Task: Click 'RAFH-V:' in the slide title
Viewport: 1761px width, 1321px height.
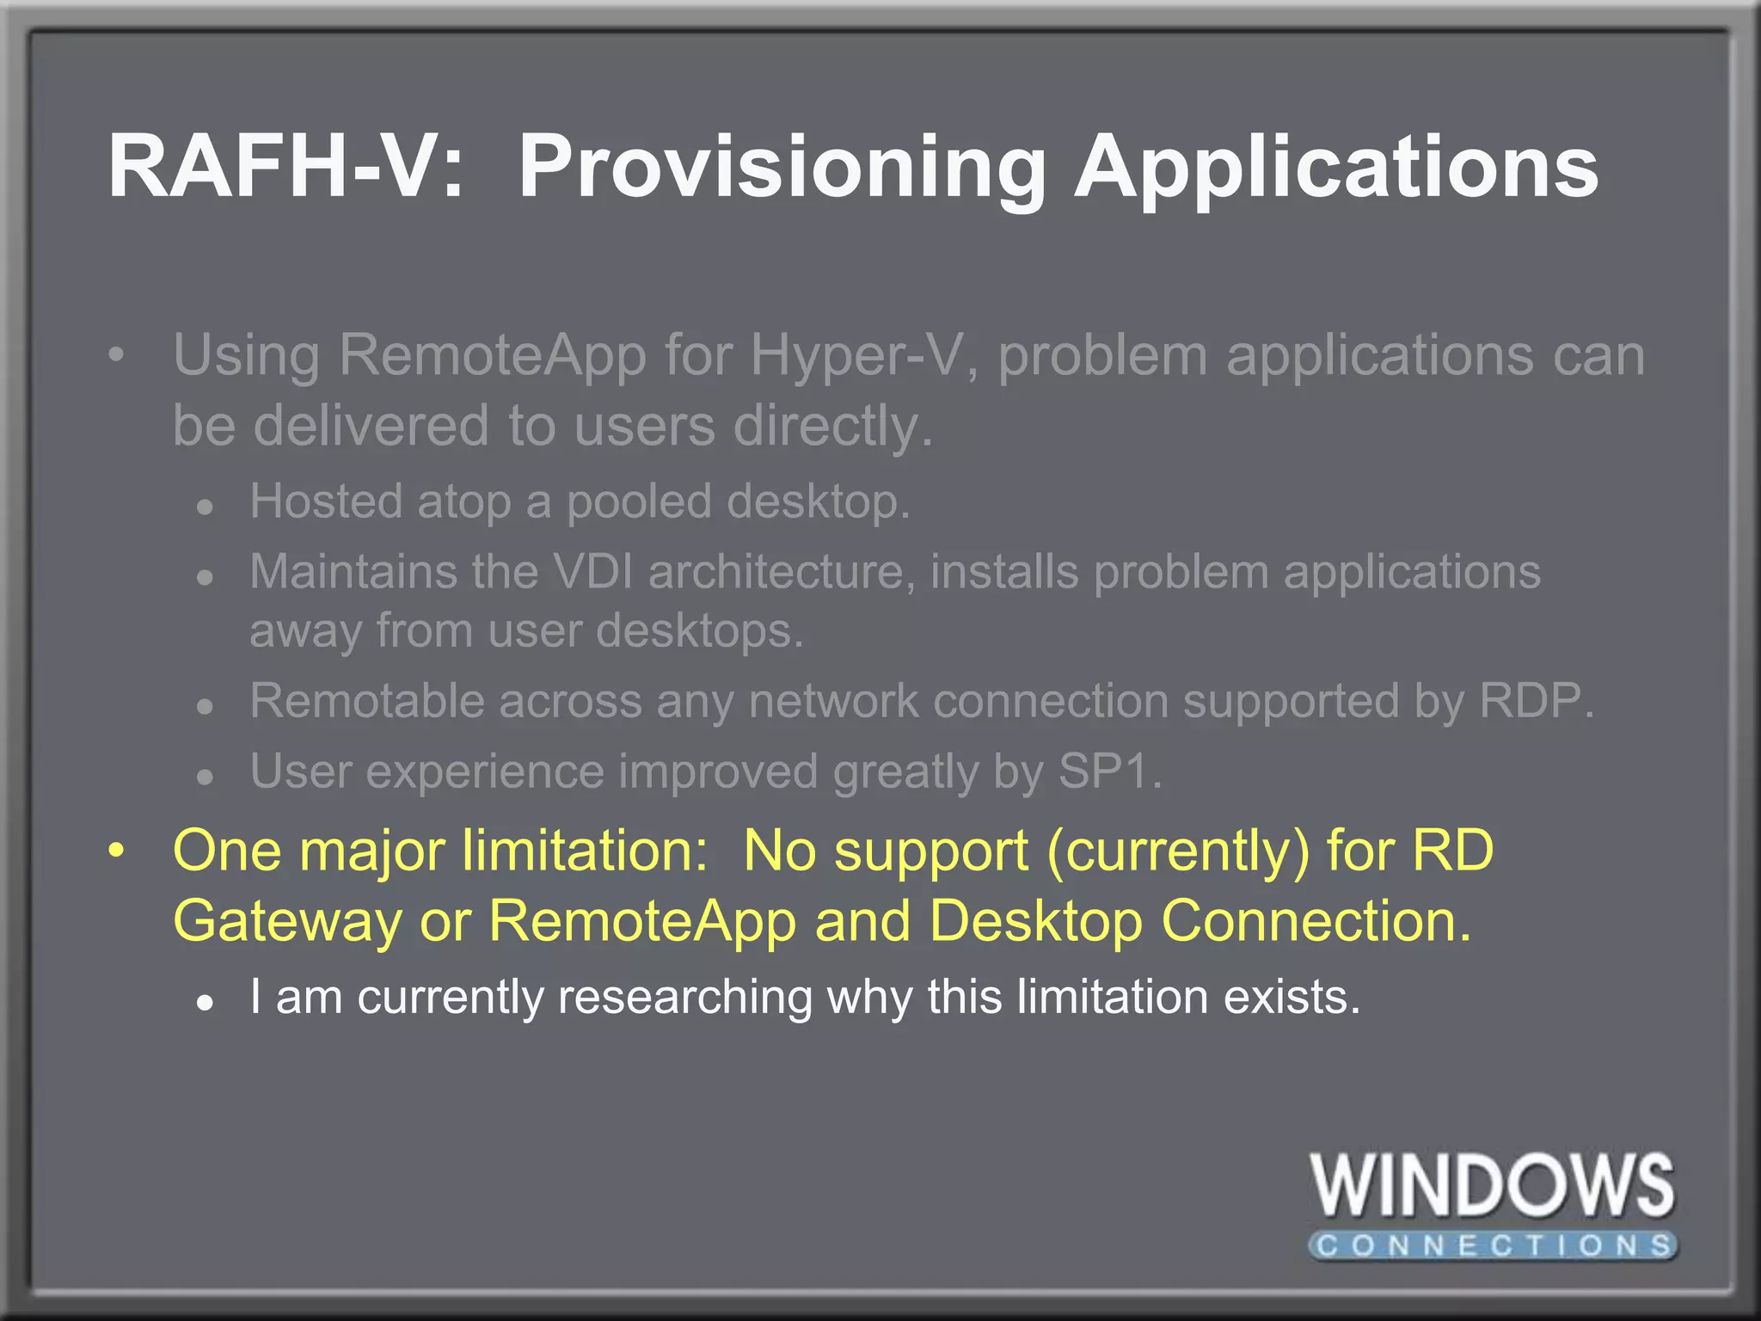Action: (284, 167)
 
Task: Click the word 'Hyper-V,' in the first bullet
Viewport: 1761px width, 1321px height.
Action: (863, 355)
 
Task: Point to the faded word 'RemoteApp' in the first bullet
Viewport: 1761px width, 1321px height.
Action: (492, 355)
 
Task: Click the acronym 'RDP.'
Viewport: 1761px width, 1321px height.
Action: (1536, 701)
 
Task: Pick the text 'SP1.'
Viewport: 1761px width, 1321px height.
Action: (1109, 771)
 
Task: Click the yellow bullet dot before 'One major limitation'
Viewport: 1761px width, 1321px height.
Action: (117, 851)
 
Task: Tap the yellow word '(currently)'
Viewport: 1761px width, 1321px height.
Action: (1178, 851)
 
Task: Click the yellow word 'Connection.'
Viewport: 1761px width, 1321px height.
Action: (1316, 922)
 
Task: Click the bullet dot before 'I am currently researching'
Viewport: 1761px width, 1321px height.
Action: (204, 1002)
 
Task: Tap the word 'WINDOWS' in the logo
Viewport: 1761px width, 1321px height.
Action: (1492, 1186)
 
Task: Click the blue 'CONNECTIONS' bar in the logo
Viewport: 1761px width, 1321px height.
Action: (1492, 1245)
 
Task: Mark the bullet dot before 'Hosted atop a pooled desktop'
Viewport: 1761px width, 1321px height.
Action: (204, 507)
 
